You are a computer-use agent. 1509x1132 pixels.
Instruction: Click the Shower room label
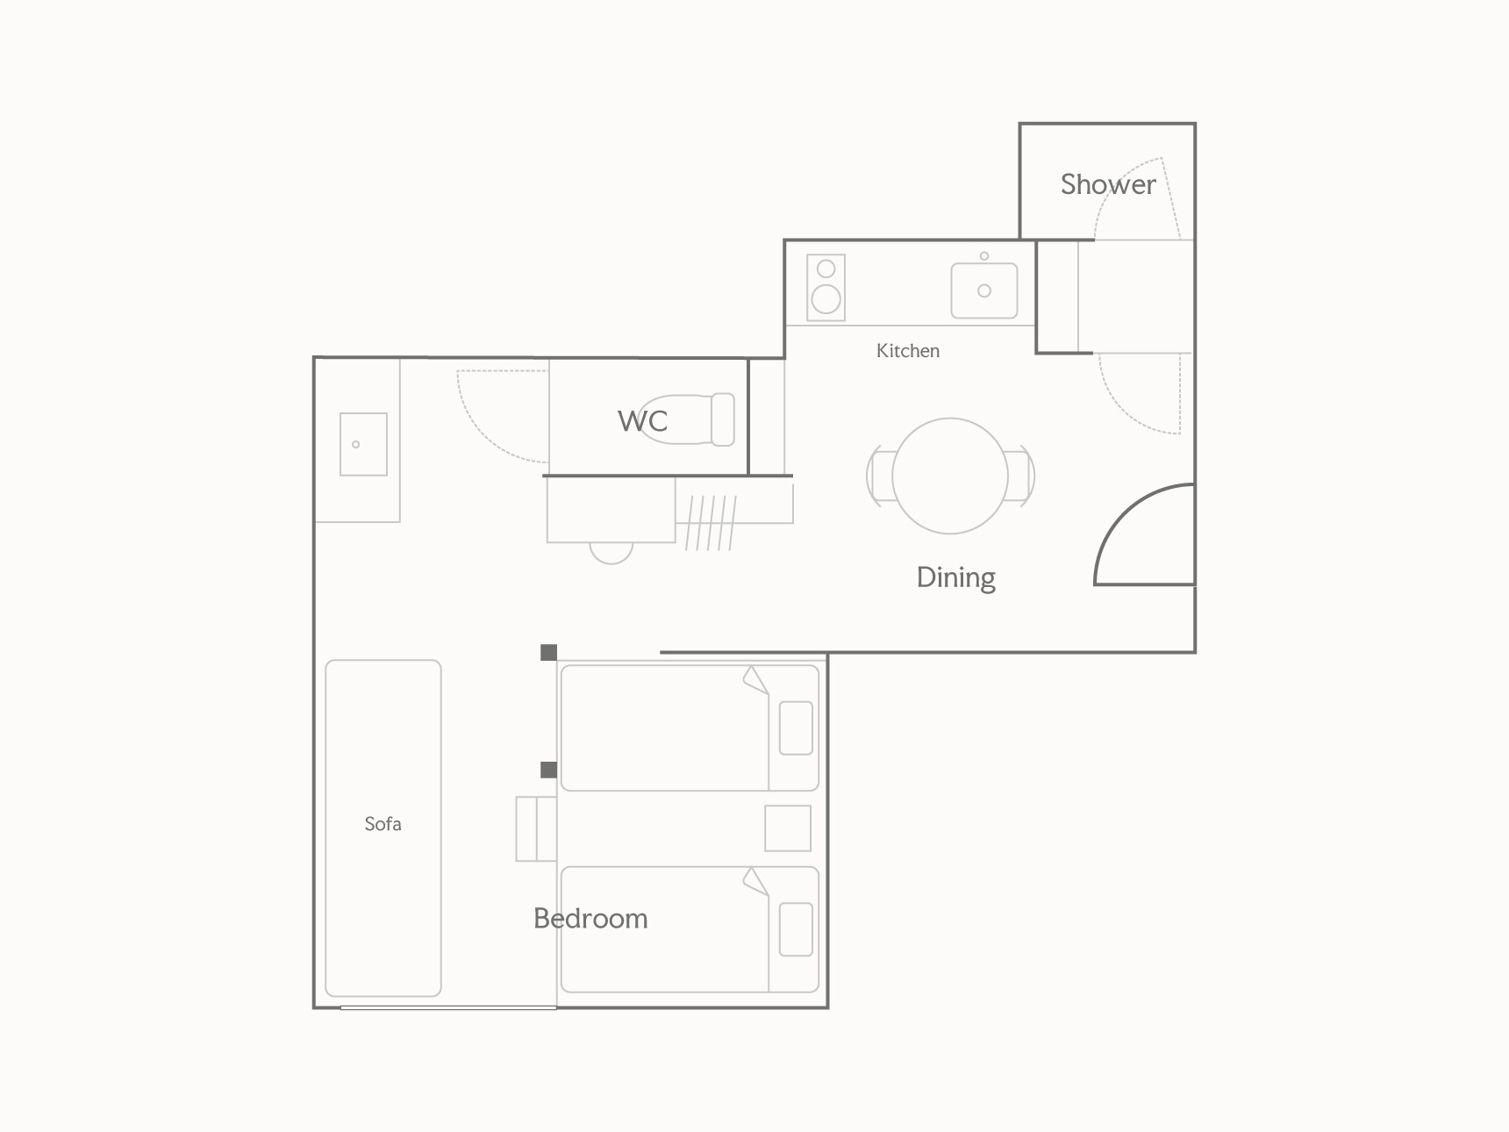pos(1108,184)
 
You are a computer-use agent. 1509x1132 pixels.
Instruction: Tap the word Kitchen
pos(908,350)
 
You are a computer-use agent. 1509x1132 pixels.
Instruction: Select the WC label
pos(643,421)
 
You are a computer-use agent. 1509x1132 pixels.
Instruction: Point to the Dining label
pos(956,577)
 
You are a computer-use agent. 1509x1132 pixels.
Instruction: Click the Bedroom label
pos(590,918)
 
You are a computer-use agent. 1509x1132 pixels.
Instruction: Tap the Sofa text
pos(383,823)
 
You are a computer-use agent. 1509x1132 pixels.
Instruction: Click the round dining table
pos(950,476)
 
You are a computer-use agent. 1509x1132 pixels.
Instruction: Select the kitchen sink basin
pos(984,290)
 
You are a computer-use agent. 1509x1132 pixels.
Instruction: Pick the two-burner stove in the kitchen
pos(826,288)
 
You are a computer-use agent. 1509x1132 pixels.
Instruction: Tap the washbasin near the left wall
pos(363,444)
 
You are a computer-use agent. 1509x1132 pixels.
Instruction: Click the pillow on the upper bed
pos(796,727)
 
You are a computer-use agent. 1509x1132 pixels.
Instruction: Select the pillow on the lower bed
pos(796,929)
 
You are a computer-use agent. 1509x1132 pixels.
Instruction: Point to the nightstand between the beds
pos(788,828)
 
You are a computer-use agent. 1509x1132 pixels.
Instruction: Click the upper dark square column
pos(548,652)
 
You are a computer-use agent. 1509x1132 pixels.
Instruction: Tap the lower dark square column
pos(548,770)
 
